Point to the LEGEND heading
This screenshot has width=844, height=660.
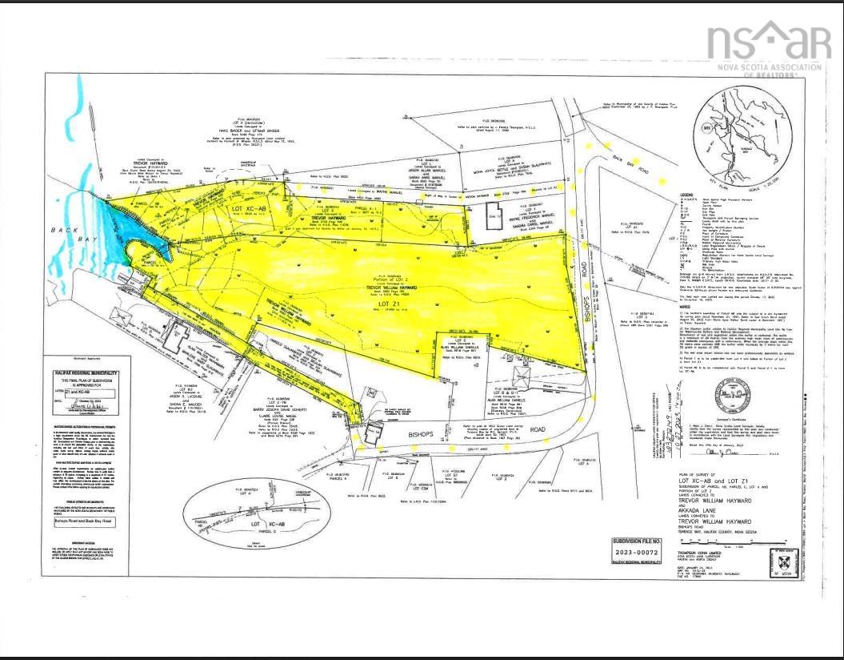click(665, 195)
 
